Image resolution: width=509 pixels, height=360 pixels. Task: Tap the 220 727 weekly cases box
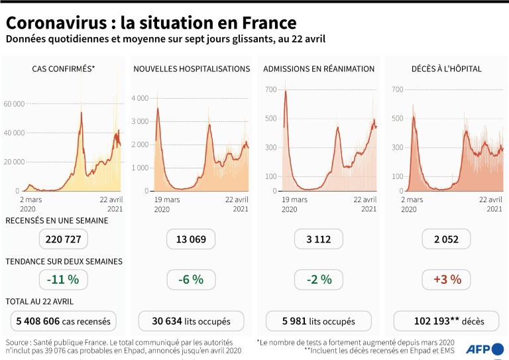coord(64,239)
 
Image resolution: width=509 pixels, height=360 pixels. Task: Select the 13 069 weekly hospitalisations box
coord(191,239)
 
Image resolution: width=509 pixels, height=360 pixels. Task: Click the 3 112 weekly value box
coord(319,239)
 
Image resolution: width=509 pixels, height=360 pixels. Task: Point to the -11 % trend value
coord(63,280)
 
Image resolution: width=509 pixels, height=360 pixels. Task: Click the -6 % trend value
coord(191,280)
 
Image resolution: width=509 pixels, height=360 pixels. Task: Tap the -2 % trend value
coord(319,280)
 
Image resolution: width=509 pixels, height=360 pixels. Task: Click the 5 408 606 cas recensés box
coord(64,322)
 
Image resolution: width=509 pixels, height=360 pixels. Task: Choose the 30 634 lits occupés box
coord(191,322)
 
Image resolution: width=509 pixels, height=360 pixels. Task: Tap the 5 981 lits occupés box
coord(319,322)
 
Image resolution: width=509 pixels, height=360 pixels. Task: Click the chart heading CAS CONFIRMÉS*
coord(64,68)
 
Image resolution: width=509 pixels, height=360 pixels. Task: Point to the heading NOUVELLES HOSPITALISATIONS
coord(192,68)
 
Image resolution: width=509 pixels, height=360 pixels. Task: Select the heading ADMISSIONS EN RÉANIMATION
coord(319,68)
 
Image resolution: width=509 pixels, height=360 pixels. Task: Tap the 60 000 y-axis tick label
coord(14,104)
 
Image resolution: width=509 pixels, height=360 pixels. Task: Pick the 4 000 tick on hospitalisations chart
coord(140,98)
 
